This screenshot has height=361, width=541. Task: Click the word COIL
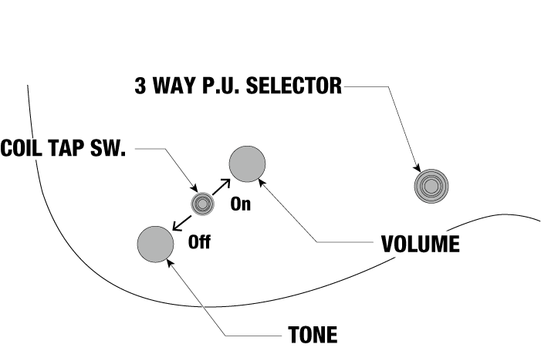pyautogui.click(x=22, y=148)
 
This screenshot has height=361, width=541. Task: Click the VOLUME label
pyautogui.click(x=421, y=245)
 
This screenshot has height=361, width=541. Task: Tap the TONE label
pyautogui.click(x=313, y=336)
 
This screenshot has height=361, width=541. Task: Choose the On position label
pyautogui.click(x=241, y=206)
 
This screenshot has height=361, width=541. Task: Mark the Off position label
pyautogui.click(x=199, y=242)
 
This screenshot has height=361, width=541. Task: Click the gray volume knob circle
pyautogui.click(x=248, y=164)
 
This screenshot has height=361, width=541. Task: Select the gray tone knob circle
pyautogui.click(x=155, y=244)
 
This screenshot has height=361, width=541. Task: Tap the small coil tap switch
pyautogui.click(x=202, y=203)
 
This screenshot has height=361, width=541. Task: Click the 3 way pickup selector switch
pyautogui.click(x=430, y=186)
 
